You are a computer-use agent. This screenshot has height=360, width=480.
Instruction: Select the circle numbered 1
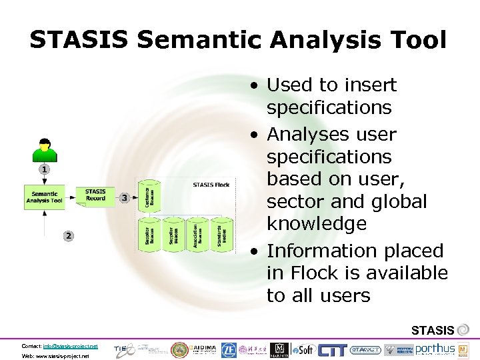[44, 170]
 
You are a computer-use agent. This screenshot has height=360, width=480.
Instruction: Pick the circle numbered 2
[69, 235]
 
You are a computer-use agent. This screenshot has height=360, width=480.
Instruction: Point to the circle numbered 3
[124, 198]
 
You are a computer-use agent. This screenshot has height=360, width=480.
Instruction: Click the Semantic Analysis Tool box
[45, 197]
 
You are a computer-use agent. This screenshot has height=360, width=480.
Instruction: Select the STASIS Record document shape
[95, 195]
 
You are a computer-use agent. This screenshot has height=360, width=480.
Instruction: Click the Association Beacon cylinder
[198, 235]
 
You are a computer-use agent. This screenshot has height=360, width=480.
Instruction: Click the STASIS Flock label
[211, 185]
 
